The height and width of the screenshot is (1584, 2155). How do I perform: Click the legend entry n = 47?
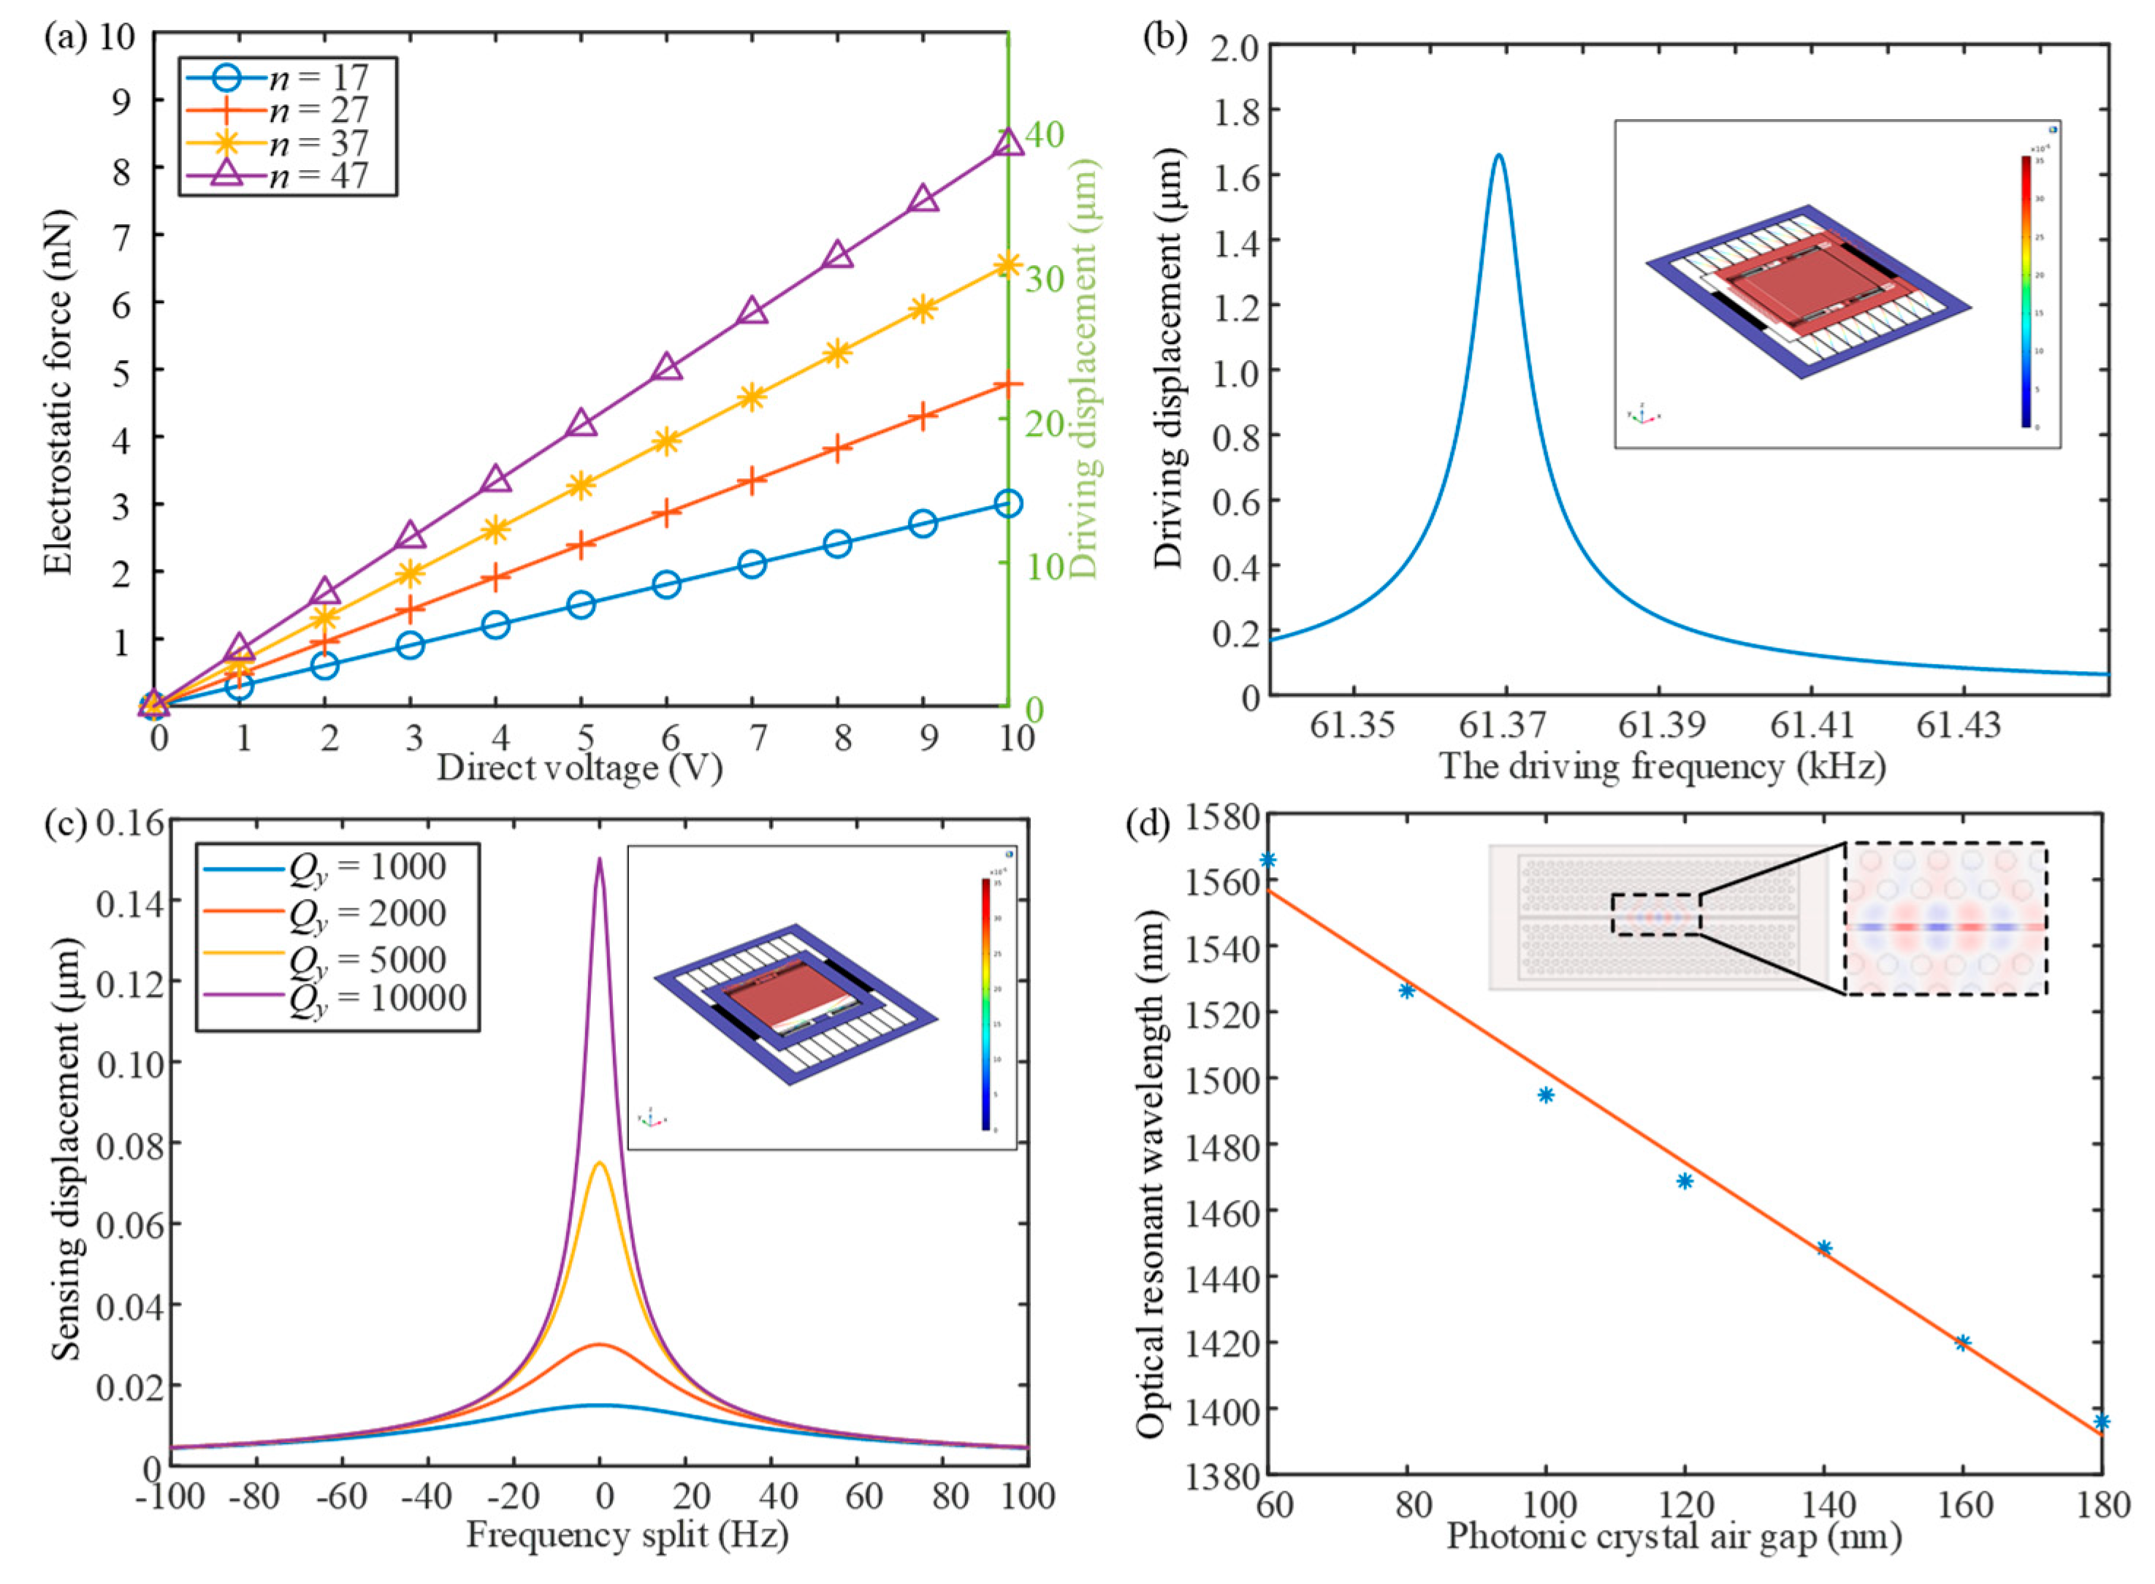pyautogui.click(x=288, y=175)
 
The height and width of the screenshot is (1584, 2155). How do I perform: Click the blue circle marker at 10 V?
pyautogui.click(x=1007, y=503)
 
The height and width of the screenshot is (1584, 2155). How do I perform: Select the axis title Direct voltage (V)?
pyautogui.click(x=579, y=768)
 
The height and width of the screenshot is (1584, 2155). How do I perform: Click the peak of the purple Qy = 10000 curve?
pyautogui.click(x=600, y=859)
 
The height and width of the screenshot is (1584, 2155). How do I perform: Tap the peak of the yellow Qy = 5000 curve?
pyautogui.click(x=600, y=1163)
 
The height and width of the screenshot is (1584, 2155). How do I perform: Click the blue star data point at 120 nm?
pyautogui.click(x=1684, y=1182)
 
